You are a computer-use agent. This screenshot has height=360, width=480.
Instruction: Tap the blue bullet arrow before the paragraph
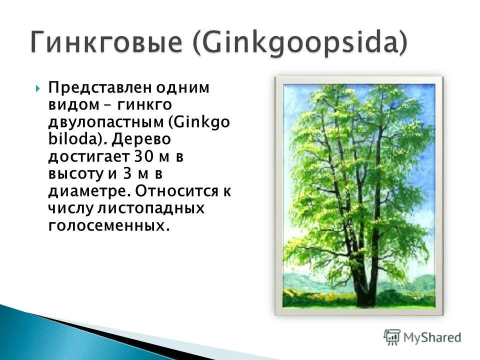click(38, 89)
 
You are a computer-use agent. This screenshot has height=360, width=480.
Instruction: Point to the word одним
click(182, 88)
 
